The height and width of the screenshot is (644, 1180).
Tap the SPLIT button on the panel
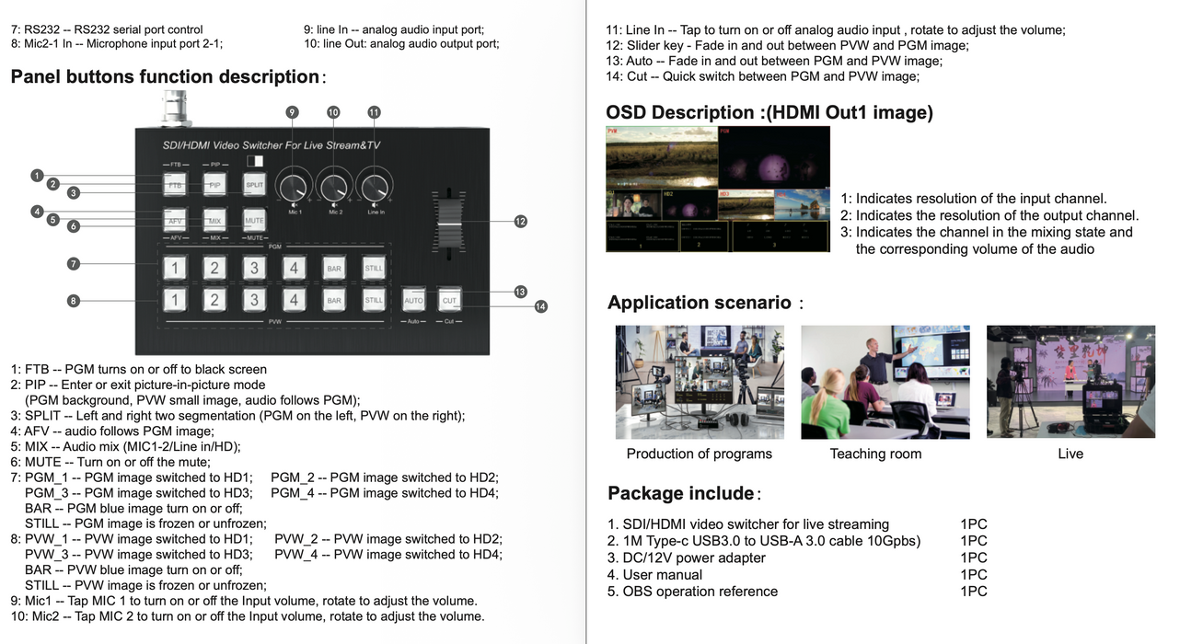click(x=254, y=185)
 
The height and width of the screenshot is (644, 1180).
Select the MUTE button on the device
click(x=254, y=221)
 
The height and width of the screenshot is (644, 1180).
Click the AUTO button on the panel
click(x=413, y=300)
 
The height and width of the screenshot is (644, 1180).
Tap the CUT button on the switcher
click(x=449, y=300)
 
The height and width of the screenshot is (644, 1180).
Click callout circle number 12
click(x=521, y=221)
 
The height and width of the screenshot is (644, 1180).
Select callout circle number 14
click(x=540, y=306)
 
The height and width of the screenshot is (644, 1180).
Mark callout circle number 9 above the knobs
click(x=292, y=112)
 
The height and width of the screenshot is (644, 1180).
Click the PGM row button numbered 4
click(x=294, y=269)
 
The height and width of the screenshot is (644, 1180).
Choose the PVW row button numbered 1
click(x=175, y=300)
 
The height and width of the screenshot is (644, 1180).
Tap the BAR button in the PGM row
click(x=333, y=269)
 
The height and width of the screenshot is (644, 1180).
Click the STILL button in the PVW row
click(x=373, y=300)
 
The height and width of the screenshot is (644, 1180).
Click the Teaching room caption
click(x=875, y=454)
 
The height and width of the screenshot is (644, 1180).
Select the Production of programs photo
click(x=700, y=382)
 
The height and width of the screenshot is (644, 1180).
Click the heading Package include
click(x=681, y=493)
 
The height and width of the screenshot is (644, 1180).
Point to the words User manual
click(x=662, y=575)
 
